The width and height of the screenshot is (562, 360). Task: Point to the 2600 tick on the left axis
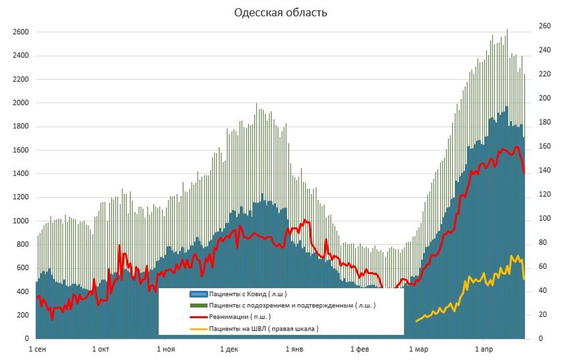[x=21, y=32]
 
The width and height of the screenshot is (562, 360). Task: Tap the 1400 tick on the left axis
[x=21, y=174]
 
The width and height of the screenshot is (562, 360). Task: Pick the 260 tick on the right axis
[x=544, y=26]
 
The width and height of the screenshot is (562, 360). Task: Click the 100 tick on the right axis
[x=544, y=218]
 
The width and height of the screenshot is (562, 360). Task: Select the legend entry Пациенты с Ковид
[x=247, y=294]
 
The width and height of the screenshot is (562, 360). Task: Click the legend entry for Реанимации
[x=239, y=317]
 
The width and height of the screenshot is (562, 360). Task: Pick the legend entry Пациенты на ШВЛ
[x=263, y=329]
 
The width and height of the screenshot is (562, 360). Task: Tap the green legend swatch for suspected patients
[x=198, y=305]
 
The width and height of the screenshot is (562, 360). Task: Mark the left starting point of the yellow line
[x=416, y=322]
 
